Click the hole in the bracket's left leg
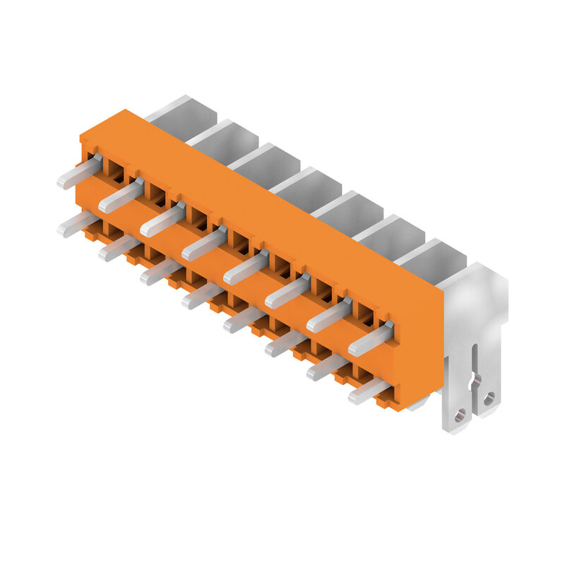(x=460, y=415)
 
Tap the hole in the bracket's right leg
(x=489, y=398)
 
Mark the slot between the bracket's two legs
(x=475, y=374)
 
